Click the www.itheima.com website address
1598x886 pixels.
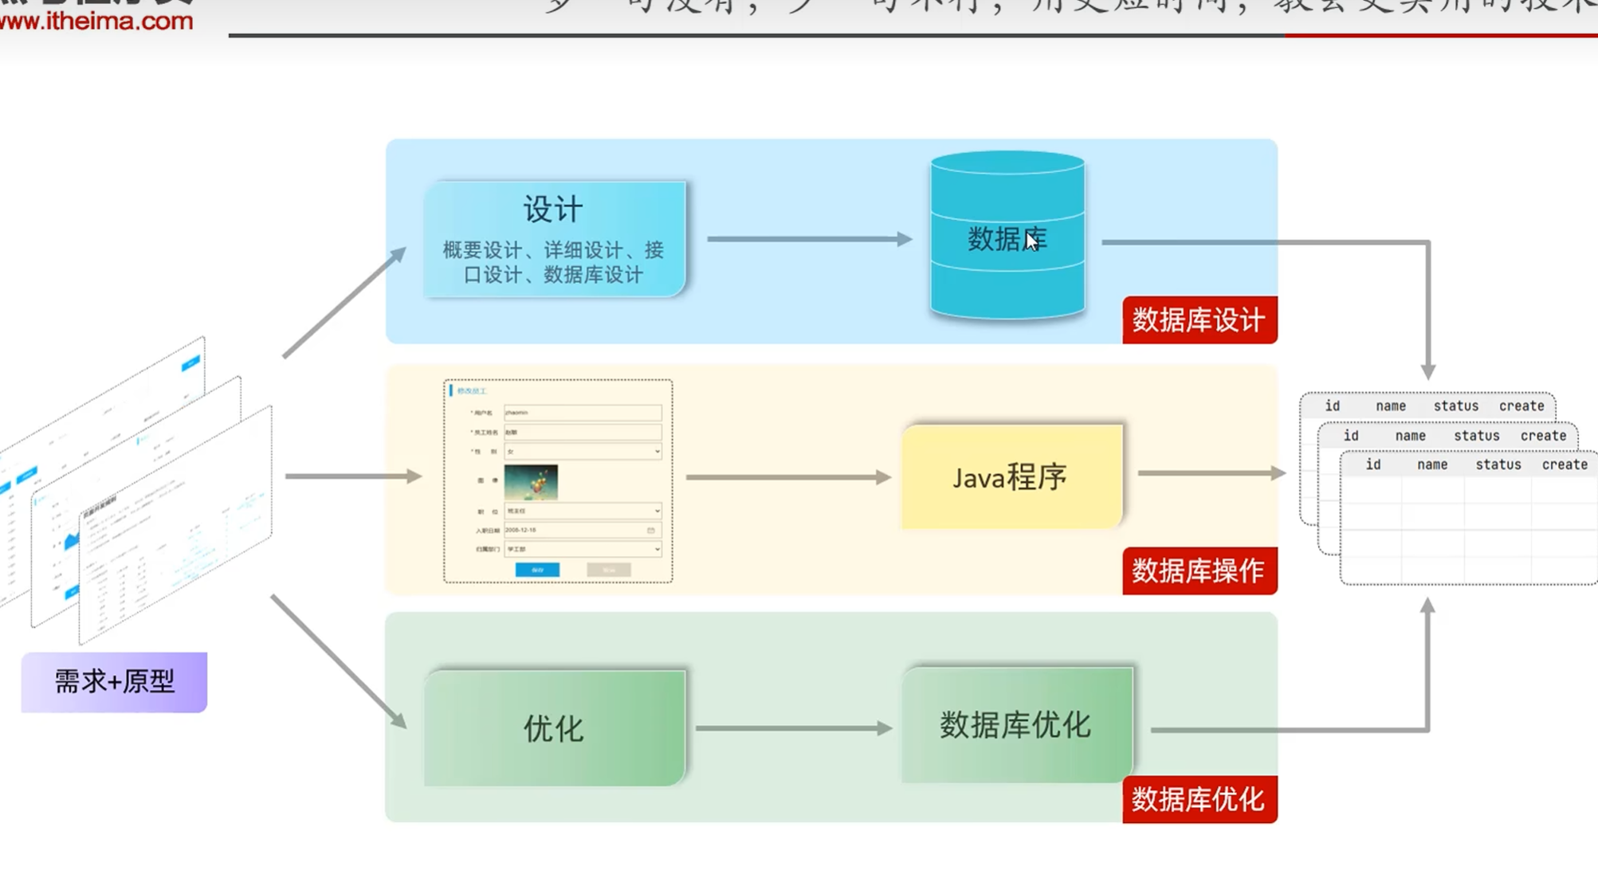[x=96, y=21]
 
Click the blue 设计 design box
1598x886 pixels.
[x=554, y=239]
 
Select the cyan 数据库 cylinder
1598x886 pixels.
[x=1007, y=237]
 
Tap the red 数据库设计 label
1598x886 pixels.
[x=1199, y=320]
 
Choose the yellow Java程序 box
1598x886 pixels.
[x=1011, y=476]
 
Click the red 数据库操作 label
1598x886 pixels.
[x=1199, y=570]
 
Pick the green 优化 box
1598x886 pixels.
[x=554, y=728]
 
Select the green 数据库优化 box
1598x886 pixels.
[x=1016, y=725]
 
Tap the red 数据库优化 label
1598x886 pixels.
[x=1199, y=799]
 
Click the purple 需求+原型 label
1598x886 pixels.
[x=114, y=682]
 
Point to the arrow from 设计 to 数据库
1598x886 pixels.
[x=808, y=239]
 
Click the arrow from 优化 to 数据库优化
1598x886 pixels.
[x=793, y=728]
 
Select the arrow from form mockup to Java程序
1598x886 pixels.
[x=787, y=477]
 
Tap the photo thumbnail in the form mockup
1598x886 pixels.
[x=531, y=482]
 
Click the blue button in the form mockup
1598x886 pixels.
[x=537, y=570]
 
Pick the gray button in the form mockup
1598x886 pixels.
[x=609, y=570]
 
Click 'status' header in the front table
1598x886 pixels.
[x=1498, y=465]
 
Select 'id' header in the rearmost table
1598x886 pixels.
[x=1332, y=406]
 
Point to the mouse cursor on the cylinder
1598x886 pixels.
[x=1032, y=241]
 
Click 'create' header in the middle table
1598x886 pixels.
[x=1543, y=436]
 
